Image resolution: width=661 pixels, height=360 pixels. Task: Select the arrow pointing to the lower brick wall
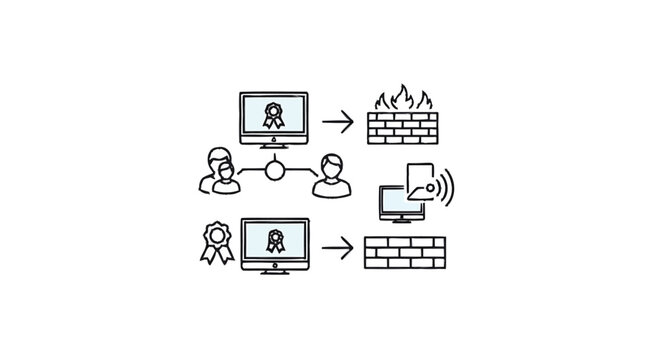point(341,246)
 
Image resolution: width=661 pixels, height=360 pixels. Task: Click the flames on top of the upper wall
point(400,99)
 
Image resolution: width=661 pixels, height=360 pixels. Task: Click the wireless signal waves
point(445,186)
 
